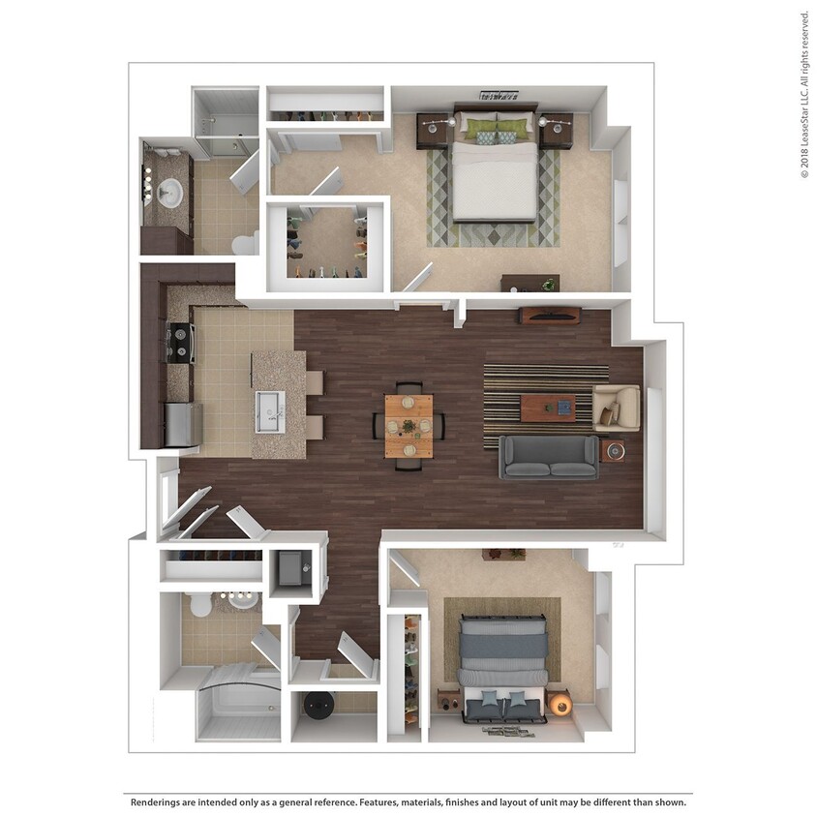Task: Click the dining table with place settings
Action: click(x=408, y=426)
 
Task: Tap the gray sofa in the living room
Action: click(x=549, y=457)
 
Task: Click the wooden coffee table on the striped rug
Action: click(x=547, y=408)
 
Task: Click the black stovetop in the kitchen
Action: click(x=180, y=341)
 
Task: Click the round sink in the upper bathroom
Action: click(x=172, y=193)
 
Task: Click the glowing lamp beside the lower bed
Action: click(x=559, y=704)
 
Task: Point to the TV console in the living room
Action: click(x=550, y=316)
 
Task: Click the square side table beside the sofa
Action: click(x=613, y=450)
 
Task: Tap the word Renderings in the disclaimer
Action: click(x=159, y=802)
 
